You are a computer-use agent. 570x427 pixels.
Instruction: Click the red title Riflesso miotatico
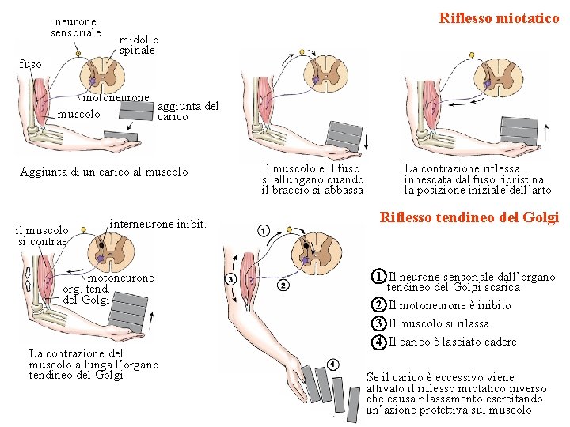499,17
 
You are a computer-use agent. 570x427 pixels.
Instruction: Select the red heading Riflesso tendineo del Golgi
469,217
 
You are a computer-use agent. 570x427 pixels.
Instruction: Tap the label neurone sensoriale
75,28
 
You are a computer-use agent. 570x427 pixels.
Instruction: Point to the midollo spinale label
139,44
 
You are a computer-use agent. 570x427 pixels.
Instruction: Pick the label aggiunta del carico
188,111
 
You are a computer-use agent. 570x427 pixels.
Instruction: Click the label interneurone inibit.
158,225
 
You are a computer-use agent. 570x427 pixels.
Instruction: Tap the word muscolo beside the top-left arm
79,114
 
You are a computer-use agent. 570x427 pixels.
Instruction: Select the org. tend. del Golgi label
85,294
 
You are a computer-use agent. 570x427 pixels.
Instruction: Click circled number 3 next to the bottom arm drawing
230,279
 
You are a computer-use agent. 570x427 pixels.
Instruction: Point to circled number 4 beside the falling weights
332,364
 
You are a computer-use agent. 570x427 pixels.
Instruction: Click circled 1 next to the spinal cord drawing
263,231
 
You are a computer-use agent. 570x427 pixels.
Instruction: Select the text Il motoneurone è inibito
449,306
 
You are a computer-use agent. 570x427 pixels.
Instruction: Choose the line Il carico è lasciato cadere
451,342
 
